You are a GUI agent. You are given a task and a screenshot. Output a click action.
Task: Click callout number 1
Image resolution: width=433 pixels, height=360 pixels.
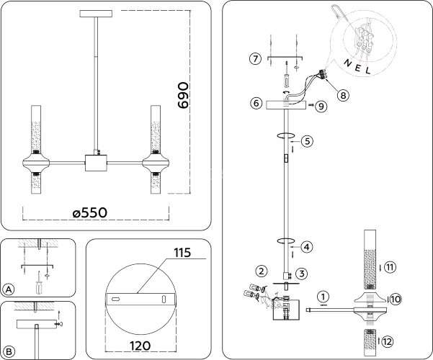click(x=323, y=296)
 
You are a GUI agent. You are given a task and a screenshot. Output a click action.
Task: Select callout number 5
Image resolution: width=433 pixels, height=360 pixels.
click(x=306, y=141)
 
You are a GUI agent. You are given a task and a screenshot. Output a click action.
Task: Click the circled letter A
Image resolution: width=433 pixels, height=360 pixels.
click(x=9, y=289)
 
